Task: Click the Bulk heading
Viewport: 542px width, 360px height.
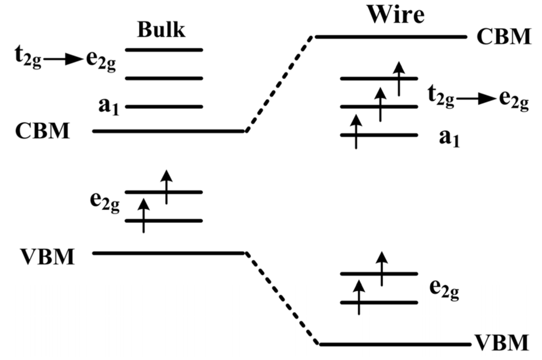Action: coord(161,30)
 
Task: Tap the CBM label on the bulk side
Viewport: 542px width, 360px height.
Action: coord(42,131)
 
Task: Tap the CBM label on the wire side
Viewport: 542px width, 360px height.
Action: coord(503,37)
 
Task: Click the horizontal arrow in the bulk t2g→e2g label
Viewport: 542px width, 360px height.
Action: coord(63,59)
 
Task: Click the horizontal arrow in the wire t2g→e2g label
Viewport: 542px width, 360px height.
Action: coord(476,98)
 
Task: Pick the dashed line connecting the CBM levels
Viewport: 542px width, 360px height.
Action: coord(279,84)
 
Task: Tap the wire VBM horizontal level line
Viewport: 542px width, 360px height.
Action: coord(394,344)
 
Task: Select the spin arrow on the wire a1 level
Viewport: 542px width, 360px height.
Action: coord(356,131)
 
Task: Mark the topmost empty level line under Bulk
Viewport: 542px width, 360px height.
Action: coord(164,50)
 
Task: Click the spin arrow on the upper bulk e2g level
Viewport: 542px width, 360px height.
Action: coord(167,186)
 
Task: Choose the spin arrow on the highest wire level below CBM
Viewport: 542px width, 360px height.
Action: coord(399,78)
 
